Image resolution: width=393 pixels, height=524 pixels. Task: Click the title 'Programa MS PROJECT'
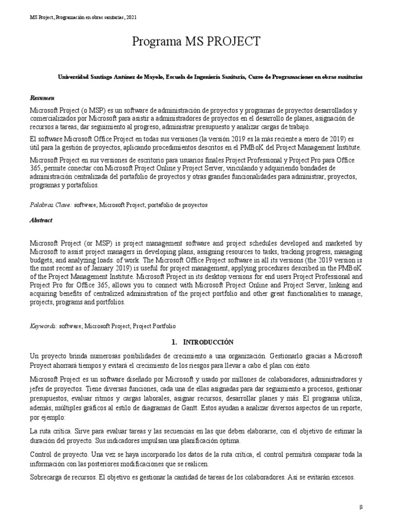[196, 41]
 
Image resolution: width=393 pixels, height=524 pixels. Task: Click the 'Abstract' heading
[41, 220]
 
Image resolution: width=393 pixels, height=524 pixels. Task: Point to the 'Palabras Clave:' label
[50, 205]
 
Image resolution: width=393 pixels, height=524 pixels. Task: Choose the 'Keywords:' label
[43, 325]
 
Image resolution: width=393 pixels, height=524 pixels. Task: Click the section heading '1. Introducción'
[196, 342]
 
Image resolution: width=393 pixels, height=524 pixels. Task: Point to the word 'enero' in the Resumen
[297, 140]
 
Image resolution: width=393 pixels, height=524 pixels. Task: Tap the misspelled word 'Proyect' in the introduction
[42, 365]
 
